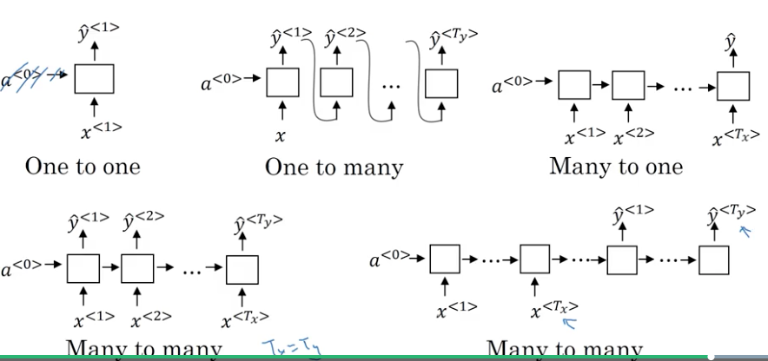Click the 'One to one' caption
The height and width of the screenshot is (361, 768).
[83, 166]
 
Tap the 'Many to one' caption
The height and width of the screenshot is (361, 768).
[616, 166]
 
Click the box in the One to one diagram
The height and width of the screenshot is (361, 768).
[94, 79]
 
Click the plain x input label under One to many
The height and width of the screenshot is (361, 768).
[281, 135]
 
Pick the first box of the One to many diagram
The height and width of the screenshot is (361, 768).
[282, 82]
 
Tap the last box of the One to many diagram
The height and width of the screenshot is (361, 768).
[440, 82]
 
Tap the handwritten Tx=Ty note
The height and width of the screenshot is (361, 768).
[287, 350]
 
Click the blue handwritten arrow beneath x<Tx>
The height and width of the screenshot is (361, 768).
[570, 324]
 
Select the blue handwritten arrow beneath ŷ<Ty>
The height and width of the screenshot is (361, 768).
[744, 231]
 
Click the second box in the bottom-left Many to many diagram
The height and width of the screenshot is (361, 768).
[137, 268]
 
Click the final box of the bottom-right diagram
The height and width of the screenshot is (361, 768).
[713, 261]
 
